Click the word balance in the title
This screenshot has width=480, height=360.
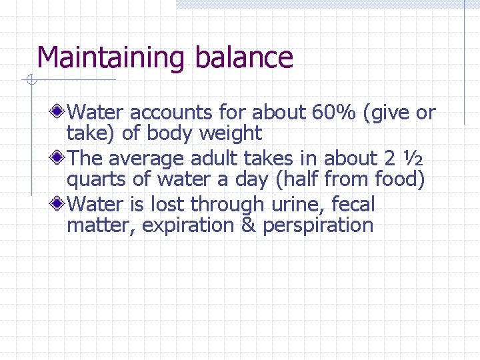tap(244, 57)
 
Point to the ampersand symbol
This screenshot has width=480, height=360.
tap(248, 225)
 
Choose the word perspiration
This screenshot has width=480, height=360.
tap(318, 226)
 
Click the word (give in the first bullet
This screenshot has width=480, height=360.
tap(387, 113)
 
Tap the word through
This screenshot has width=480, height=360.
tap(229, 204)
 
